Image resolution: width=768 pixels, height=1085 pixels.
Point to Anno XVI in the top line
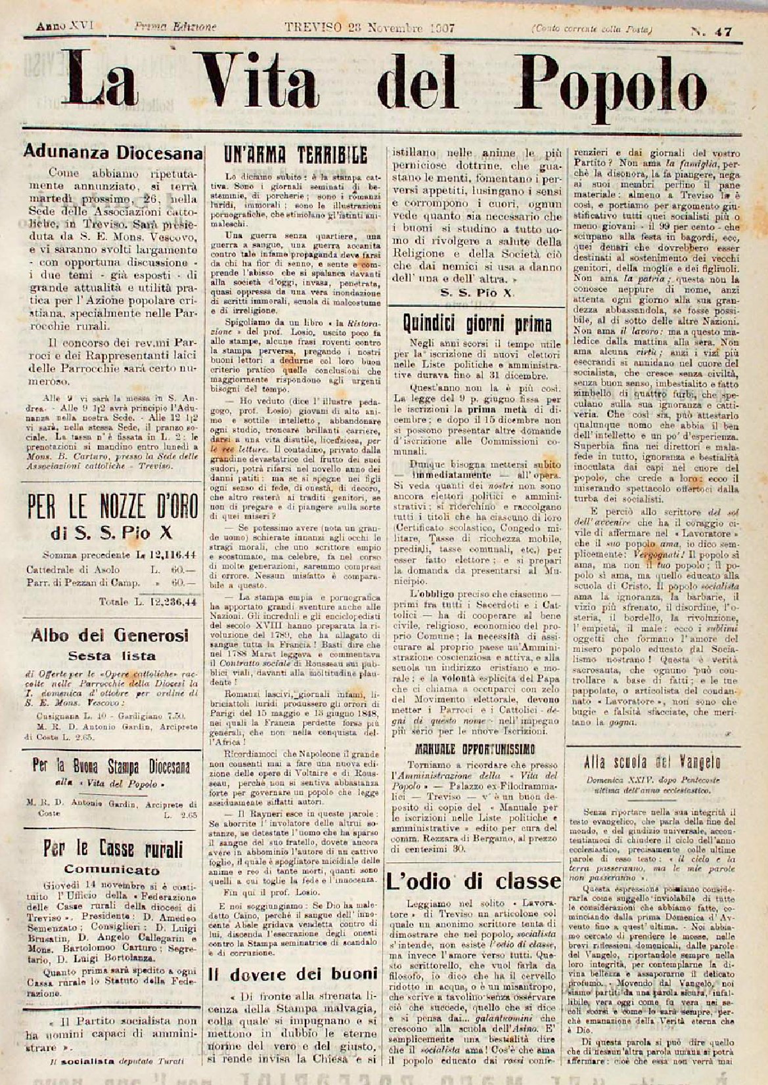65,28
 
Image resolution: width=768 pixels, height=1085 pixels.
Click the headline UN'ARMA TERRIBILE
295,155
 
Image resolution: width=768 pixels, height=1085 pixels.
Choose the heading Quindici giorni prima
478,323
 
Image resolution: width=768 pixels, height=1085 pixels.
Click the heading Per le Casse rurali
112,849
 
